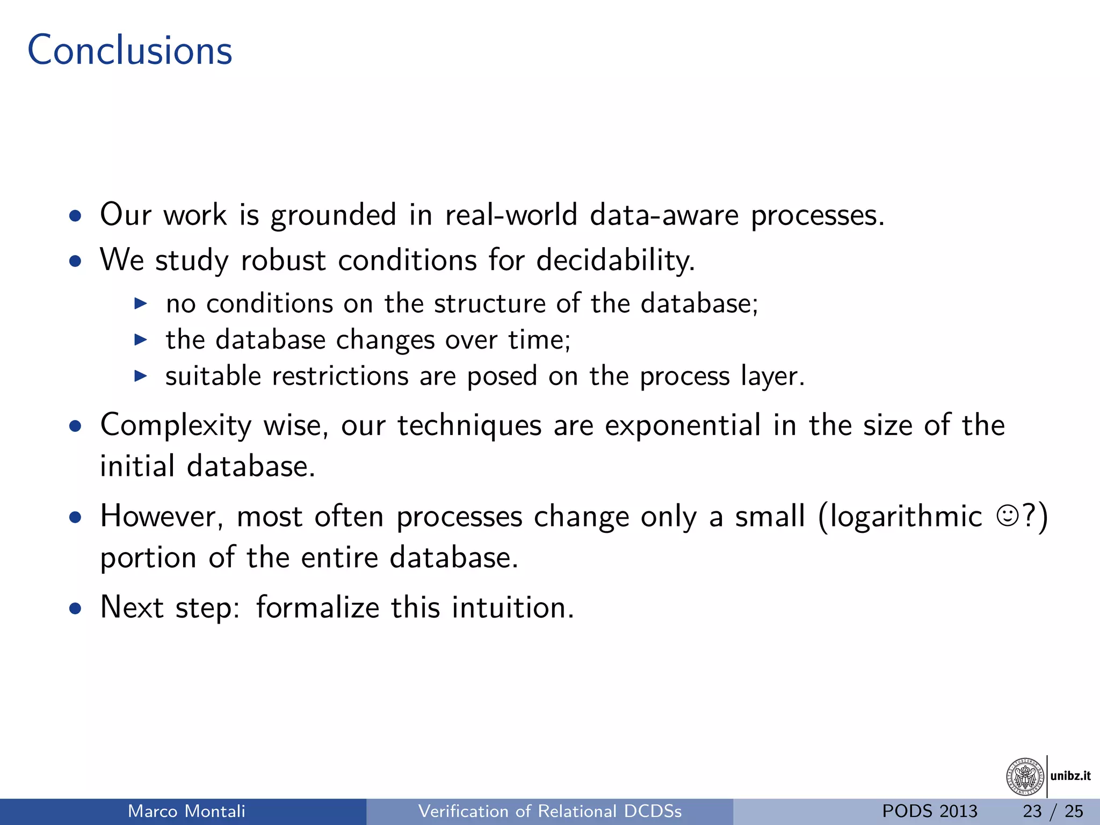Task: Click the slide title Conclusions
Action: click(x=129, y=50)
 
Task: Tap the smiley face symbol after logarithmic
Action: click(x=1007, y=516)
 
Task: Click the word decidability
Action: click(x=616, y=260)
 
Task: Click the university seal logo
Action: click(x=1024, y=777)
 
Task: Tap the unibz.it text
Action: click(x=1070, y=776)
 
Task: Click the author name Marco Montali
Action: click(x=186, y=811)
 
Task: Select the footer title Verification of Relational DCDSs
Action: click(x=549, y=811)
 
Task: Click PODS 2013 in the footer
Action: click(x=930, y=811)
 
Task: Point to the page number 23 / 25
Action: click(x=1053, y=811)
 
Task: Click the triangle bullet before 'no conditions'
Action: click(x=140, y=303)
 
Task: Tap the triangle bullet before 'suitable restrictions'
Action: click(x=140, y=376)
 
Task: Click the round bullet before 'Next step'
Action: click(x=76, y=609)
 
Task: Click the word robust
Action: click(x=283, y=260)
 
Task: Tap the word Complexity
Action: click(x=176, y=426)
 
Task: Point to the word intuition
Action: click(x=512, y=608)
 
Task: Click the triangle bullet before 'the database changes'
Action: click(x=140, y=339)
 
